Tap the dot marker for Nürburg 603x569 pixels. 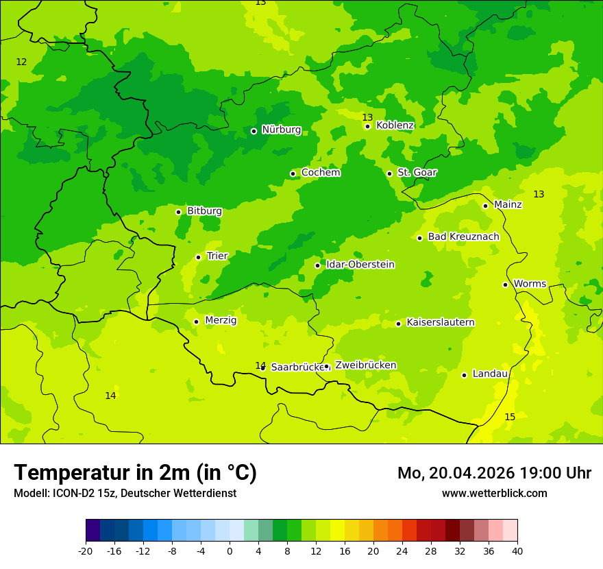[254, 131]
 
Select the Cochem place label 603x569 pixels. [320, 173]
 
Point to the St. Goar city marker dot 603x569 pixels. [389, 173]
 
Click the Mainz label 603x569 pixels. [508, 204]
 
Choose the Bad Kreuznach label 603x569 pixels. [463, 237]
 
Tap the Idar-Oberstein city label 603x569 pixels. [360, 265]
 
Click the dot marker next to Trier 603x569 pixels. [198, 257]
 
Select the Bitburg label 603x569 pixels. [204, 211]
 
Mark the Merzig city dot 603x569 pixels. [196, 322]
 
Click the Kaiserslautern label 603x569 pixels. [440, 322]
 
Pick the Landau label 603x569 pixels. [490, 374]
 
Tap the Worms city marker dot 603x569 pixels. [505, 284]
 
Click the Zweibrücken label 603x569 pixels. [365, 365]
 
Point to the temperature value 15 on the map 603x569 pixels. [510, 417]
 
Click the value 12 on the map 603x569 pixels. [21, 62]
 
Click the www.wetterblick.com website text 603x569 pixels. [494, 493]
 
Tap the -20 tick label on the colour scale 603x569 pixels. [85, 550]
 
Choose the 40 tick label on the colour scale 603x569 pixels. [517, 550]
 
